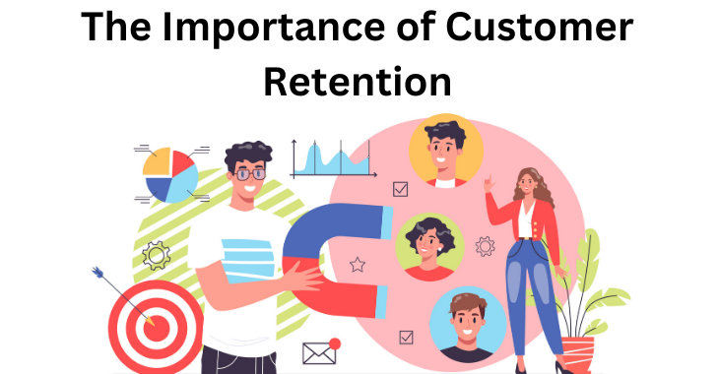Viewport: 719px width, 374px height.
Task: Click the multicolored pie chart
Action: (170, 174)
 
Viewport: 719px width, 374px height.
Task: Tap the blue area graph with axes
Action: (329, 159)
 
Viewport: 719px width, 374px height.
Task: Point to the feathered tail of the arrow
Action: (98, 272)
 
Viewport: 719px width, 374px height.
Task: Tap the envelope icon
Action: (319, 352)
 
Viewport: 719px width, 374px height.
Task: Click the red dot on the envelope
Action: (335, 343)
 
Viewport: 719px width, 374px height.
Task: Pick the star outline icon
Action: (358, 264)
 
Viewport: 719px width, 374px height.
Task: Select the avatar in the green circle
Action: (429, 247)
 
